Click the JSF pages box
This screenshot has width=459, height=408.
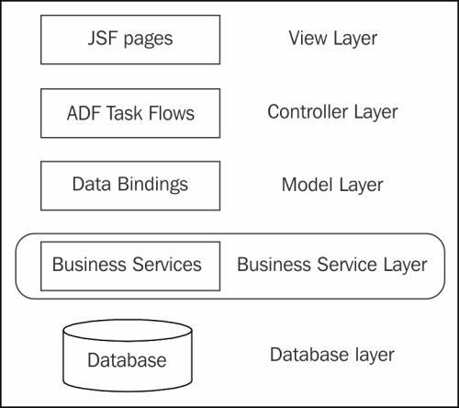[x=130, y=40]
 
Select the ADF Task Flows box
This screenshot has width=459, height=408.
[x=130, y=113]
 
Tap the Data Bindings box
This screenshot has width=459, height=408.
[x=130, y=186]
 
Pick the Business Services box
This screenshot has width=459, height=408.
[x=130, y=266]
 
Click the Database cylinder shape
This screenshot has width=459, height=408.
[x=128, y=356]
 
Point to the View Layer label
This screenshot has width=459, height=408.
[x=333, y=39]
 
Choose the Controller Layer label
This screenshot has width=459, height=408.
[x=332, y=112]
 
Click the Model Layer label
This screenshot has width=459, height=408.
[x=332, y=185]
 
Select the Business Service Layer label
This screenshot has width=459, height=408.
[x=332, y=265]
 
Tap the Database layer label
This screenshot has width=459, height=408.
[x=332, y=355]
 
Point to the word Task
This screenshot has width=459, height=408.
[x=124, y=113]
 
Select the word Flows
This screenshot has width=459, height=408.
[x=172, y=113]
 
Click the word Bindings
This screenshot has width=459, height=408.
[x=152, y=185]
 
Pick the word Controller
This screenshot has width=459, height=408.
[x=308, y=111]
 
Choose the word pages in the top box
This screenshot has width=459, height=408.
[x=148, y=40]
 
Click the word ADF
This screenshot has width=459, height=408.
[x=84, y=113]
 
